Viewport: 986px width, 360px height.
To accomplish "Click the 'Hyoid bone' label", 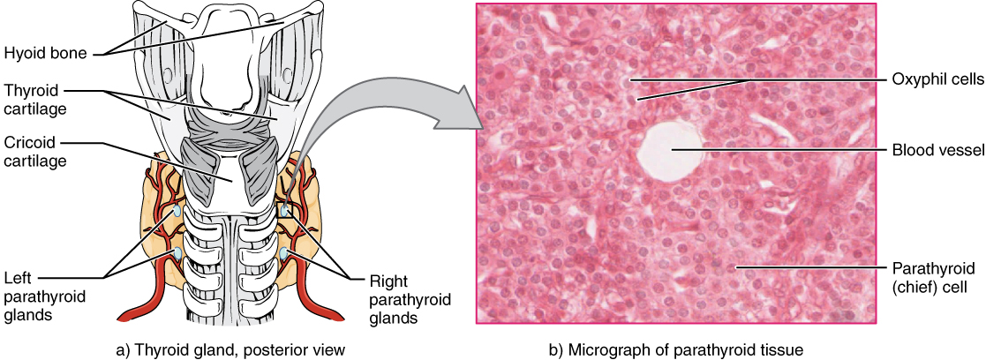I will coord(44,53).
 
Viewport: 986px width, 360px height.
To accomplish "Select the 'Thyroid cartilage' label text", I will coord(33,99).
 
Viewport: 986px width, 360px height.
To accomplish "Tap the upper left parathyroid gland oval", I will coord(178,213).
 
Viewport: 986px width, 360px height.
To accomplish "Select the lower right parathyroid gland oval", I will coord(284,255).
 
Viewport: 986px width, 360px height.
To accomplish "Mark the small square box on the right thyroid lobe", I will coord(284,212).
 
